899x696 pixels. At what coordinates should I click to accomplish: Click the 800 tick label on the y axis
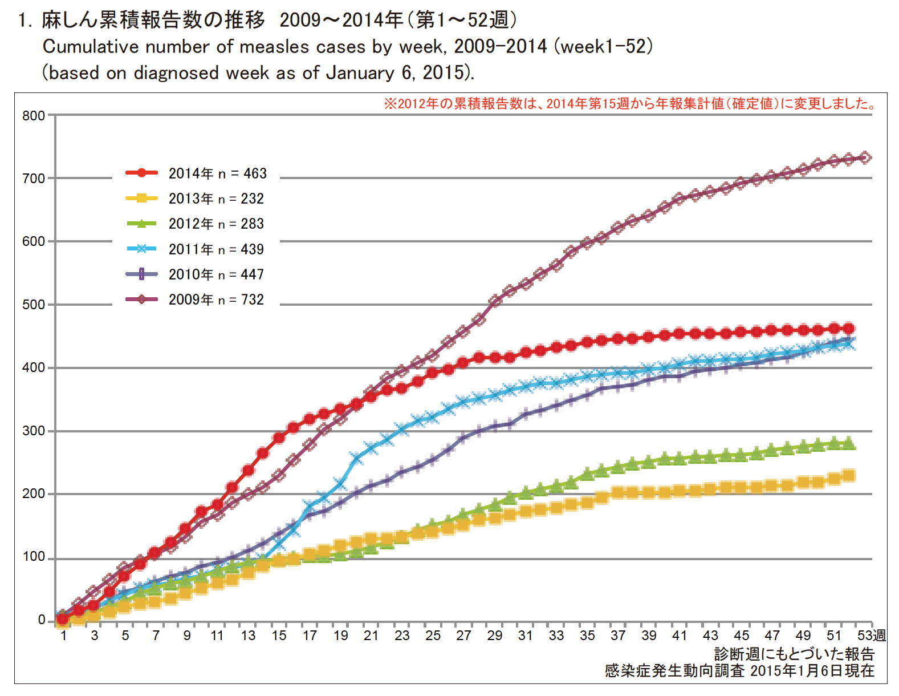34,116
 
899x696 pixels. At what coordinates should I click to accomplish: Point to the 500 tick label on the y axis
34,305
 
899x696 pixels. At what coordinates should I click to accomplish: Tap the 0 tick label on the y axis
41,620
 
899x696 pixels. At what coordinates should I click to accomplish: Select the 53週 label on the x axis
872,636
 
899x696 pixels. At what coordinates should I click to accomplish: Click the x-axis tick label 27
463,636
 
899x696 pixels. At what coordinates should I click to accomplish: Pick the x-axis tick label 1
63,636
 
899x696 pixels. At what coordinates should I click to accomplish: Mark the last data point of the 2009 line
865,157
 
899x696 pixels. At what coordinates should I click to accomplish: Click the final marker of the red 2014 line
849,329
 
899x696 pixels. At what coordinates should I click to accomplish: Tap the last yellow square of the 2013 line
849,476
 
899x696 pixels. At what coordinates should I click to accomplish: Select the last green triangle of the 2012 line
849,443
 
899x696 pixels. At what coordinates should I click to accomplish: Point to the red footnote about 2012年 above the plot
630,104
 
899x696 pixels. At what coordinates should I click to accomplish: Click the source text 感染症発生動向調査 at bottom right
675,671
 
